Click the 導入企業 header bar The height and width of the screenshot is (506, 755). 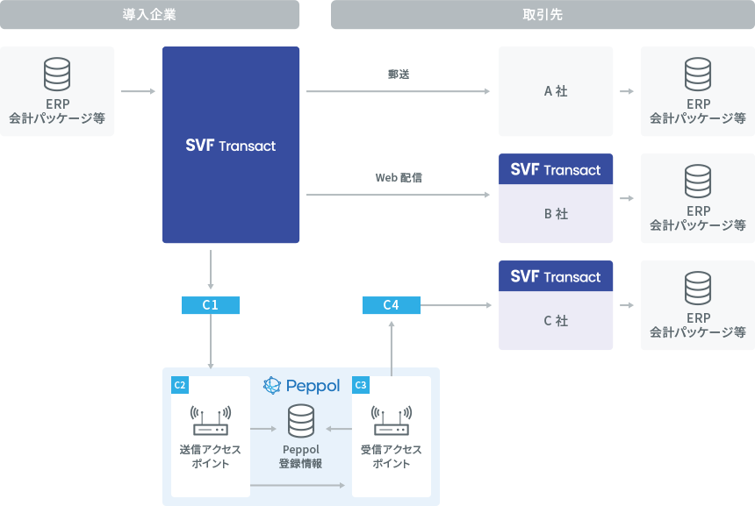tap(150, 15)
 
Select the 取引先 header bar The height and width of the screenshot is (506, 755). tap(542, 15)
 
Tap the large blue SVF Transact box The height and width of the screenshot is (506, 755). tap(231, 145)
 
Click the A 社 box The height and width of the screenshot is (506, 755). tap(556, 91)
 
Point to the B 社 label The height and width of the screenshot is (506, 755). tap(556, 214)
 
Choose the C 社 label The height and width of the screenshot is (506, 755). tap(556, 321)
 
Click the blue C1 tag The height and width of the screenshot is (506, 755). tap(211, 305)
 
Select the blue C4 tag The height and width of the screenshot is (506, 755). tap(392, 305)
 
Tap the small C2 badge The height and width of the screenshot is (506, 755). tap(179, 385)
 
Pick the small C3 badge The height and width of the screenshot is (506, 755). tap(360, 385)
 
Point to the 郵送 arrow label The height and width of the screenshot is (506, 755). tap(399, 75)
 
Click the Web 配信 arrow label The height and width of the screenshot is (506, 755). tap(399, 177)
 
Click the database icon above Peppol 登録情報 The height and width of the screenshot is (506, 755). tap(301, 421)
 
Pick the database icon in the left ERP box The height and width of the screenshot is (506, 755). tap(57, 75)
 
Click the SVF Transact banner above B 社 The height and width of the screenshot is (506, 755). tap(556, 169)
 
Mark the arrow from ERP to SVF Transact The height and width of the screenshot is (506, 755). tap(138, 91)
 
